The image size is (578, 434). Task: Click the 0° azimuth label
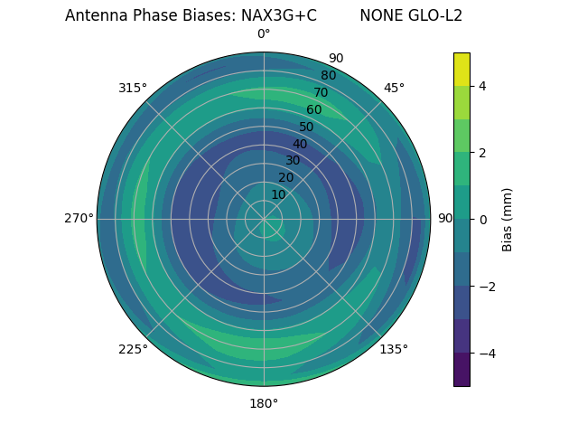[x=264, y=34]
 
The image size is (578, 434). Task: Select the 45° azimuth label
[x=394, y=88]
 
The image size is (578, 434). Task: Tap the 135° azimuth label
[x=394, y=349]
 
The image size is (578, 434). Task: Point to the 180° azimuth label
[x=264, y=403]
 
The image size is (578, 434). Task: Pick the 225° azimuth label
[x=133, y=349]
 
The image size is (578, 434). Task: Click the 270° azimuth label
[x=79, y=218]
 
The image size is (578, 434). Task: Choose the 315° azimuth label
[x=133, y=88]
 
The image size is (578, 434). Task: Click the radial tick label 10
[x=278, y=194]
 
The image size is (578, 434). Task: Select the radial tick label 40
[x=300, y=144]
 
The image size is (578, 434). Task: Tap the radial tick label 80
[x=328, y=76]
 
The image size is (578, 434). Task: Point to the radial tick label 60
[x=314, y=109]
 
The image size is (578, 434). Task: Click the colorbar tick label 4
[x=482, y=86]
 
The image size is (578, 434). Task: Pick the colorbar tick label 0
[x=482, y=220]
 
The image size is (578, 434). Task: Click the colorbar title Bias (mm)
[x=508, y=219]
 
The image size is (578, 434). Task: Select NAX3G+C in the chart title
[x=278, y=15]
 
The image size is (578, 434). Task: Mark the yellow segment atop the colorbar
[x=461, y=69]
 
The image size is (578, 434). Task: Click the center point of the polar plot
[x=264, y=219]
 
